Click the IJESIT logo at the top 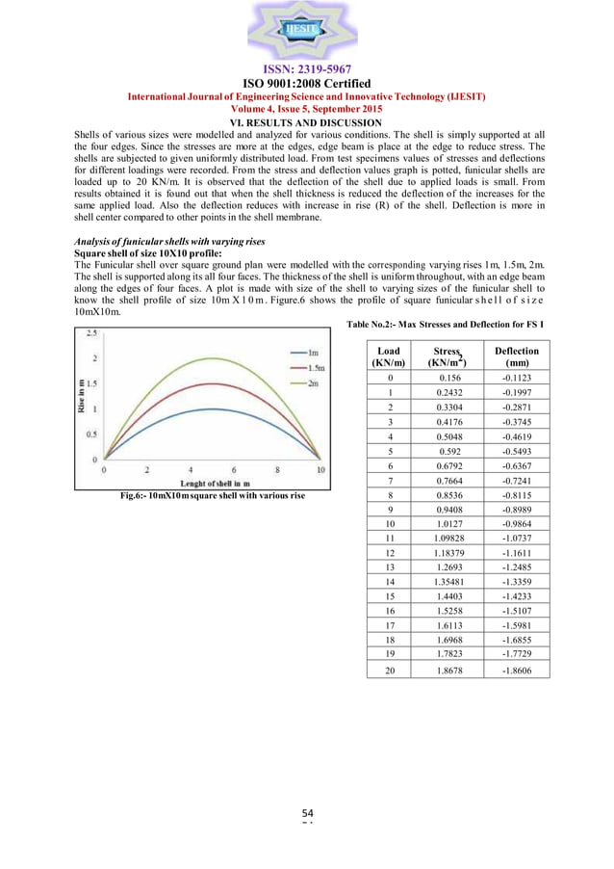click(307, 31)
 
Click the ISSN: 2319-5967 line click(307, 69)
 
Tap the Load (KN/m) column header click(389, 356)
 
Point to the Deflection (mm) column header click(516, 356)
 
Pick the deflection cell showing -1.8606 click(516, 668)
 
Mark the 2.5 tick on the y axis click(91, 334)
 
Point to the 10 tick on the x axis click(320, 470)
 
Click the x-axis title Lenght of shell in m click(211, 483)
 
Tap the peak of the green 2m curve click(212, 359)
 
